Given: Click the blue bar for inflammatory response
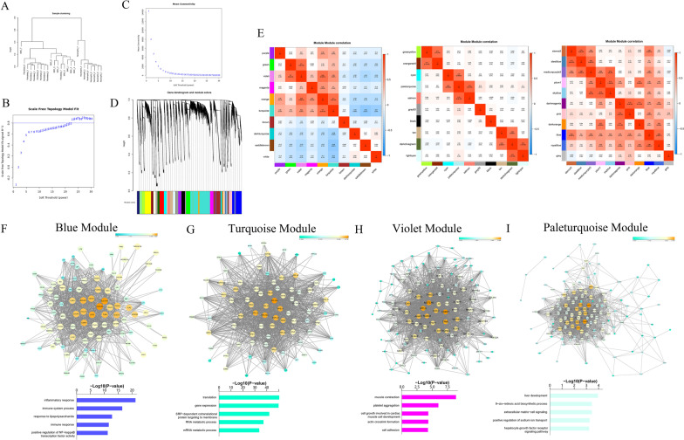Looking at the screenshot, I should pyautogui.click(x=106, y=375).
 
